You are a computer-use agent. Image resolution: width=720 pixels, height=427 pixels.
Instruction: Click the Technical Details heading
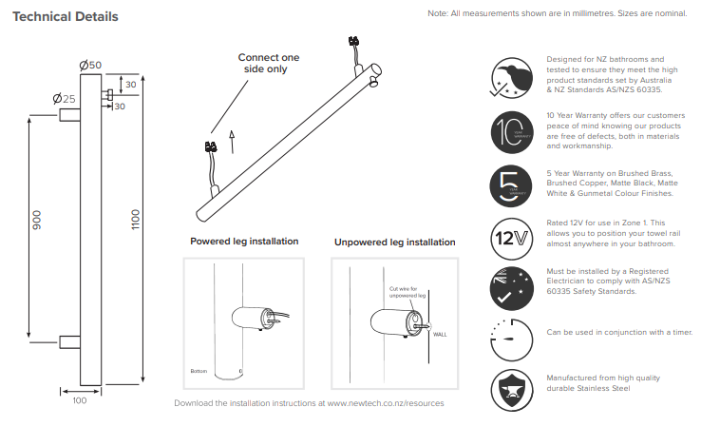point(66,17)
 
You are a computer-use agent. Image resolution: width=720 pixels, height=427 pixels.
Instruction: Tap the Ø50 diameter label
point(91,65)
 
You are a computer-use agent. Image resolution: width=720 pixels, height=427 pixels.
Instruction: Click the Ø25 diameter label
point(65,98)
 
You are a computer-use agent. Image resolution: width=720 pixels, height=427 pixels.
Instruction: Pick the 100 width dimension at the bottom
point(79,400)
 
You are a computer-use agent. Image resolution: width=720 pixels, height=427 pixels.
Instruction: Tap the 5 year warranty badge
point(509,183)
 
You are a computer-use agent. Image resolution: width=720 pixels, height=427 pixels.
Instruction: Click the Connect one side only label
point(268,64)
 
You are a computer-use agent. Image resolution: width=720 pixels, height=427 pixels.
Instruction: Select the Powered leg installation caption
point(244,242)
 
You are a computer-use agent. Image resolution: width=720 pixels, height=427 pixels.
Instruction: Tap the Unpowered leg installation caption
point(394,243)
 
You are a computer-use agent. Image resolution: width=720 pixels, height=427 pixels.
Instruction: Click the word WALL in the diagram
point(439,335)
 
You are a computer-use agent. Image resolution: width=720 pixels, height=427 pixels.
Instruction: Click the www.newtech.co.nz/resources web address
point(386,403)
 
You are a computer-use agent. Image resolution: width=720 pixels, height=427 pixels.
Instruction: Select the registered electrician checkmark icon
point(509,288)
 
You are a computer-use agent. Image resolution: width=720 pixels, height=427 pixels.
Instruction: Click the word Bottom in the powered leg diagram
point(198,370)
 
